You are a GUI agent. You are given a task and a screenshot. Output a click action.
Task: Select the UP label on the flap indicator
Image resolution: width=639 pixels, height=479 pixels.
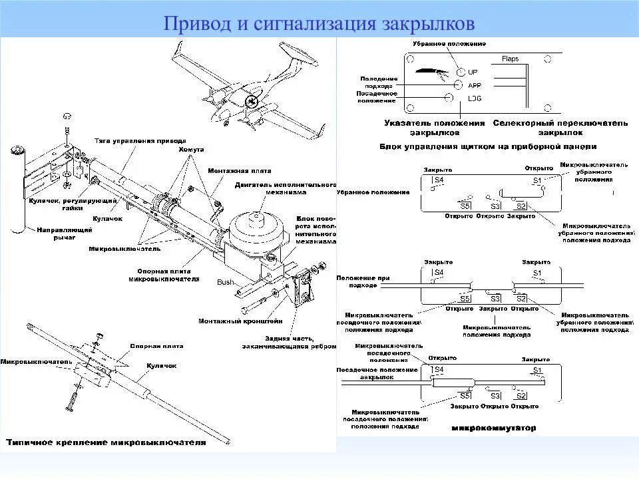tap(473, 72)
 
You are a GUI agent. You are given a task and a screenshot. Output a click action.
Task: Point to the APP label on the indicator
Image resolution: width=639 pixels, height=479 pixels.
tap(475, 86)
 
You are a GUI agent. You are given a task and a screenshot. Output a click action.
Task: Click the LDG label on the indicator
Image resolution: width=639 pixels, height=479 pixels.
tap(475, 98)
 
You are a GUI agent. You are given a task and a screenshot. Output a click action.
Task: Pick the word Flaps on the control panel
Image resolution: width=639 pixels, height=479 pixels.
tap(511, 59)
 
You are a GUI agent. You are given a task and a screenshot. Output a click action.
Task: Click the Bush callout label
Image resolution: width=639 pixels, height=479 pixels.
tap(226, 282)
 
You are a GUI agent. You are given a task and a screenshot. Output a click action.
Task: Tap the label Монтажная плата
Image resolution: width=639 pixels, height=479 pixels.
tap(230, 171)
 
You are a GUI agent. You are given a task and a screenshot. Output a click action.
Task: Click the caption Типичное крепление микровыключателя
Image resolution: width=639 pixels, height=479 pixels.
tap(106, 442)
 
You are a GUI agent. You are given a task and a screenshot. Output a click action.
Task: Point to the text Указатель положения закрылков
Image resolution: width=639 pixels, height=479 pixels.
tap(435, 128)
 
